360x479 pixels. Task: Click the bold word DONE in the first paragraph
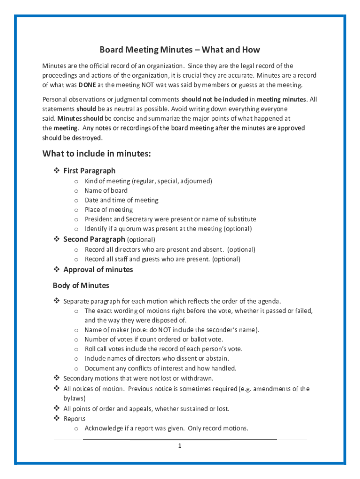(x=87, y=85)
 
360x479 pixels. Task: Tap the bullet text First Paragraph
(x=89, y=171)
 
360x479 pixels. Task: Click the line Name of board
(x=106, y=190)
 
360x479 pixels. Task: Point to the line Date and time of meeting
(x=121, y=200)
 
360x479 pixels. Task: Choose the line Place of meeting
(x=108, y=210)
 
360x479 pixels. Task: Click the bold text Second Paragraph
(x=94, y=239)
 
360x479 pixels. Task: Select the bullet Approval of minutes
(x=98, y=269)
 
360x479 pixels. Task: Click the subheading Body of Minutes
(x=81, y=285)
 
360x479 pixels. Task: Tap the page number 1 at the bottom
(x=179, y=446)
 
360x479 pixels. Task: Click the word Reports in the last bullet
(x=74, y=419)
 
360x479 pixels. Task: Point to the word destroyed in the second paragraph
(x=87, y=138)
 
